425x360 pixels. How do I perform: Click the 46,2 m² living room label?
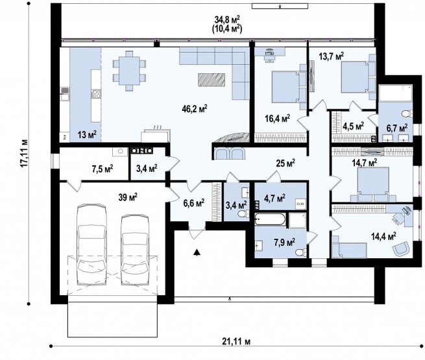tap(195, 109)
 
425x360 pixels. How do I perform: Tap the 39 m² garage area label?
tap(128, 197)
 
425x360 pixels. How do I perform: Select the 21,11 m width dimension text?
tap(236, 341)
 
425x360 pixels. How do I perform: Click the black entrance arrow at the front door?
tap(197, 252)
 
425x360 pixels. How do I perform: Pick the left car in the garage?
tap(91, 245)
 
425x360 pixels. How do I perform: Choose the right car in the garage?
tap(135, 250)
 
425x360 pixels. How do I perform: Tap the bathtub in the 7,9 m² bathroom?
tap(270, 219)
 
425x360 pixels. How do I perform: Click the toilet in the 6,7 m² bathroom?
tap(407, 114)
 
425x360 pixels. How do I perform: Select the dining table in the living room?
tap(129, 71)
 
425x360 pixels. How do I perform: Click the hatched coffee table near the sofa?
tap(212, 80)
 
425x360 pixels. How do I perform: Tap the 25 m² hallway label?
tap(285, 163)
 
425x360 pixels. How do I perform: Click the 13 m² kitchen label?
tap(87, 135)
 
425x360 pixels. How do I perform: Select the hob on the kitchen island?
tap(97, 94)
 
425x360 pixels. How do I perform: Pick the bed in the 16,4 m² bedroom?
tap(288, 87)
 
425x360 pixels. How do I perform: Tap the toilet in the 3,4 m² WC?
tap(243, 214)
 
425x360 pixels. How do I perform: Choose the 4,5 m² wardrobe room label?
tap(353, 126)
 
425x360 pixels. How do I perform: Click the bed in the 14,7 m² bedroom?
tap(374, 185)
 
